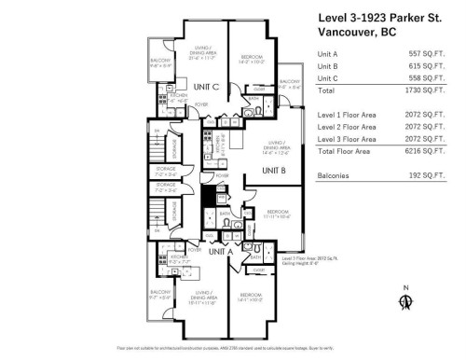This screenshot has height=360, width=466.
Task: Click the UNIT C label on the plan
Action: click(x=207, y=87)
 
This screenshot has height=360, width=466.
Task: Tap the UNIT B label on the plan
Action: click(x=272, y=171)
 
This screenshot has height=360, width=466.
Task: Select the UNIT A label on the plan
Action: click(x=220, y=252)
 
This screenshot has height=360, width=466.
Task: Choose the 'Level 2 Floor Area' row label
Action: click(x=347, y=126)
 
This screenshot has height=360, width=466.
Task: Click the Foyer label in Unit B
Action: click(x=222, y=174)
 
